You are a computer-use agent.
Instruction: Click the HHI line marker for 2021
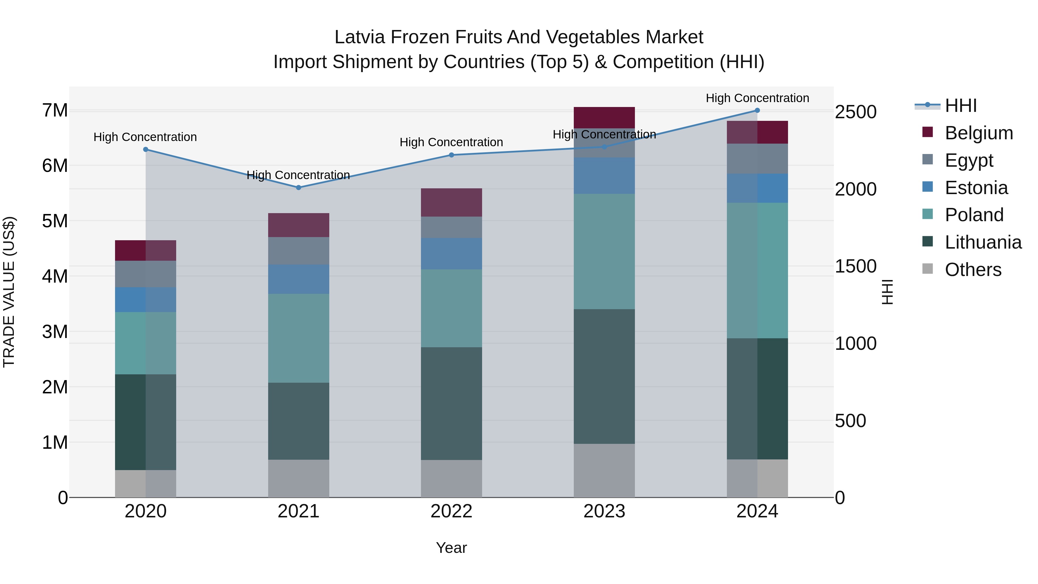pos(299,187)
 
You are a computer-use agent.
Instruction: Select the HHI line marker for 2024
pos(757,110)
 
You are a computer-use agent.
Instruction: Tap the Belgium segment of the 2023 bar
pos(604,117)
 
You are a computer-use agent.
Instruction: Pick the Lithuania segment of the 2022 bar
pos(451,403)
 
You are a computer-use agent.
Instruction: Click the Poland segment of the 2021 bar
pos(299,338)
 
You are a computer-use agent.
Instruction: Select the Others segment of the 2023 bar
pos(604,470)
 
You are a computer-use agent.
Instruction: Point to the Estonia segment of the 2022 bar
pos(451,253)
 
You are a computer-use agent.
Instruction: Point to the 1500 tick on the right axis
pos(855,266)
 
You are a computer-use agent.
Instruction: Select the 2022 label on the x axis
pos(451,511)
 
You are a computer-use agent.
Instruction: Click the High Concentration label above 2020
pos(145,137)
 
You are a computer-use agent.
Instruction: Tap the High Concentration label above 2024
pos(757,98)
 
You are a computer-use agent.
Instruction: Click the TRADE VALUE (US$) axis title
pos(9,292)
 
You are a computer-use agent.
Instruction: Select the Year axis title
pos(451,548)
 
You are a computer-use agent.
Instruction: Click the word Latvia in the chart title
pos(360,37)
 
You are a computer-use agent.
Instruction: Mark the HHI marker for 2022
pos(451,155)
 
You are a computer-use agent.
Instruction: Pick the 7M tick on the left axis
pos(55,110)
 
